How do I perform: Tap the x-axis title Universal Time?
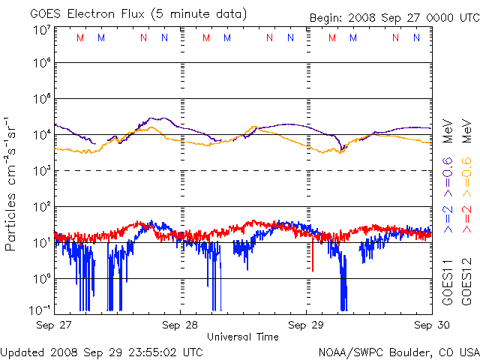[243, 337]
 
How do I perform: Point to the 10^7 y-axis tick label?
[40, 30]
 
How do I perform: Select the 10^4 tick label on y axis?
[40, 135]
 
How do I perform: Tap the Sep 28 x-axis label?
[181, 325]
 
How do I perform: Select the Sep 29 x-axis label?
[307, 325]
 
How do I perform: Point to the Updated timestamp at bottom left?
[102, 351]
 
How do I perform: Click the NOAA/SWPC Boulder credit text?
[398, 351]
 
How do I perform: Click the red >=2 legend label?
[466, 219]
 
